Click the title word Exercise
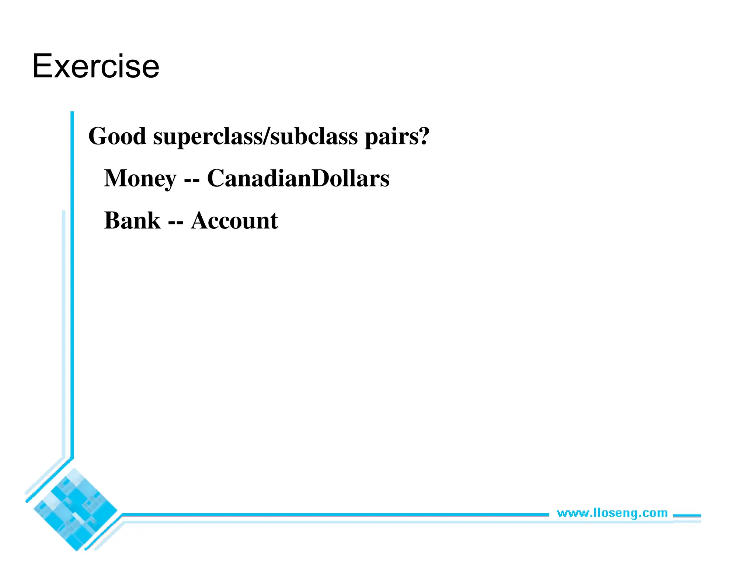[x=96, y=66]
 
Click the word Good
[x=117, y=136]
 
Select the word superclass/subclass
[x=255, y=136]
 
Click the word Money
[x=140, y=179]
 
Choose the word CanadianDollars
[x=298, y=178]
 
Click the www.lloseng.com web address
[x=612, y=513]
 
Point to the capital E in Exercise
[x=42, y=66]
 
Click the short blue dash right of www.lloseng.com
[x=687, y=516]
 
